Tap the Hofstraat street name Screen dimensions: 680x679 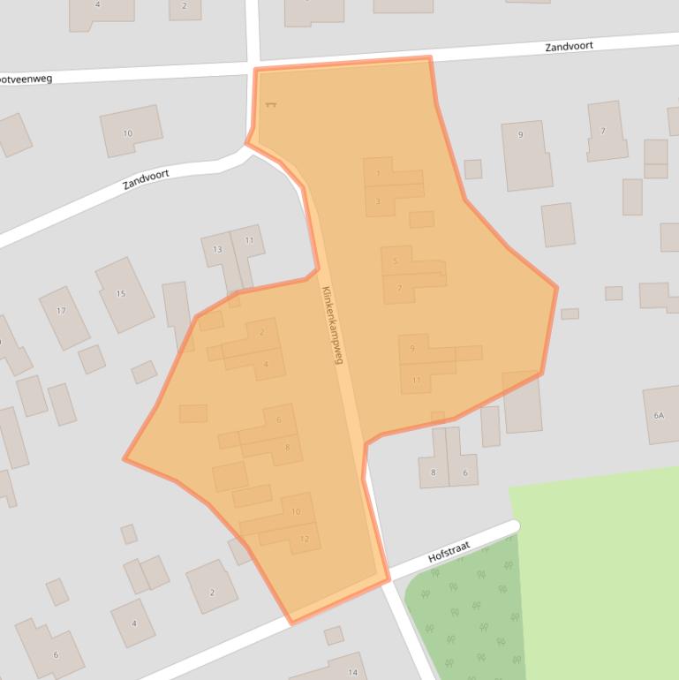tap(450, 552)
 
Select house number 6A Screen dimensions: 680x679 tap(659, 415)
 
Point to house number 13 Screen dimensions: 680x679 tap(217, 249)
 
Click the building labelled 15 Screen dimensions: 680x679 tap(121, 293)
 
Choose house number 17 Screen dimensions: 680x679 tap(61, 311)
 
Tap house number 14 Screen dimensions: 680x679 tap(353, 661)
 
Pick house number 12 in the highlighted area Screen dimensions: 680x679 tap(305, 539)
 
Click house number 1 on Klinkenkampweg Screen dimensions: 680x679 tap(378, 173)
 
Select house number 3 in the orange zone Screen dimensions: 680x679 tap(378, 201)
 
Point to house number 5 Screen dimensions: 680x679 tap(396, 261)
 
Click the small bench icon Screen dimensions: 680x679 tap(270, 105)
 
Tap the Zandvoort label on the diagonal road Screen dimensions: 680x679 tap(146, 180)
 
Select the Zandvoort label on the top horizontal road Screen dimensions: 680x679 tap(569, 46)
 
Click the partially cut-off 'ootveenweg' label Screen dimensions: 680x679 tap(26, 79)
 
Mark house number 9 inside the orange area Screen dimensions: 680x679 tap(412, 349)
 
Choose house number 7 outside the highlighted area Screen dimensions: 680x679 tap(603, 132)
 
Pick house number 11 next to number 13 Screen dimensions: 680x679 tap(249, 240)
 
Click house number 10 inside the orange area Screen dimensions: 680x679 tap(296, 511)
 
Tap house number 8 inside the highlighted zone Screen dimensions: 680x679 tap(287, 448)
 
